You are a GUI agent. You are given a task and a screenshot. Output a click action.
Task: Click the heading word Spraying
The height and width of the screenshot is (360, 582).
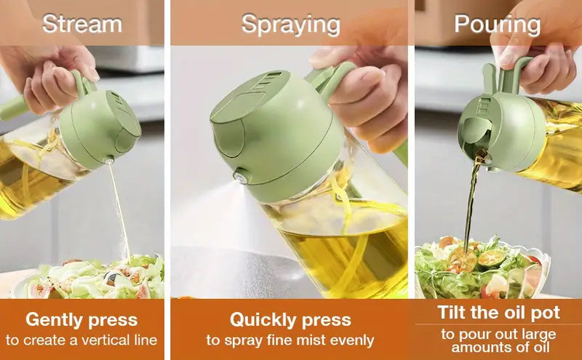pyautogui.click(x=290, y=24)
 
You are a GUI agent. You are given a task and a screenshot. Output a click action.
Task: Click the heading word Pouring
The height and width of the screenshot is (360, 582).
pyautogui.click(x=497, y=24)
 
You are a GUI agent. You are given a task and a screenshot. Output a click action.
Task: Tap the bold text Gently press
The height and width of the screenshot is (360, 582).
pyautogui.click(x=81, y=319)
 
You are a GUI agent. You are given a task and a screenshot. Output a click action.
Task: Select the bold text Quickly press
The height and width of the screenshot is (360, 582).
pyautogui.click(x=290, y=319)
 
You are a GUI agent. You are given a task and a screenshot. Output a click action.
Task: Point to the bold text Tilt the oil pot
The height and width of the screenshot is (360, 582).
pyautogui.click(x=498, y=313)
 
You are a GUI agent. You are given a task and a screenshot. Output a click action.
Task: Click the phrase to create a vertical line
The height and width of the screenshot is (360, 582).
pyautogui.click(x=81, y=340)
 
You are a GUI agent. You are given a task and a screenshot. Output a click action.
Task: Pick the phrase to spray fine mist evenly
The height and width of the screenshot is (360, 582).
pyautogui.click(x=290, y=340)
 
